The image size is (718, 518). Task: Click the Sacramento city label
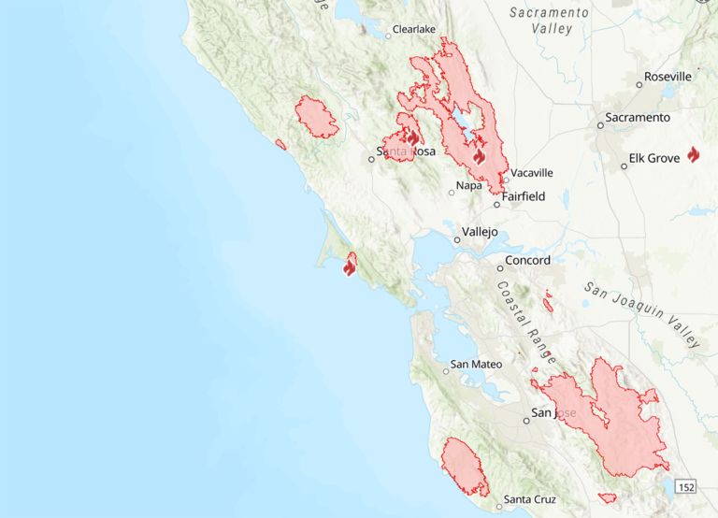click(638, 118)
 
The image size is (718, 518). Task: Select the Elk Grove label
click(654, 158)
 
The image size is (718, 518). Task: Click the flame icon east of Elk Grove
click(693, 154)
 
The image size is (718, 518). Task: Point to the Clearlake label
click(414, 30)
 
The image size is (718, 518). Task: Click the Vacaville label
click(533, 173)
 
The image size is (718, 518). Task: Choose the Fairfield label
click(524, 197)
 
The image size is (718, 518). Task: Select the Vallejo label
click(480, 233)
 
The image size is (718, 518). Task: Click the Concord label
click(527, 261)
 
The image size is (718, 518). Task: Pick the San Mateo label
click(472, 365)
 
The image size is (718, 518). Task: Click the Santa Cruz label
click(529, 500)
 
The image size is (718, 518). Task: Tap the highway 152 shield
click(687, 487)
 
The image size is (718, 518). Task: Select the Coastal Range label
click(526, 323)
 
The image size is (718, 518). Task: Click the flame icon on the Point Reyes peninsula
click(350, 267)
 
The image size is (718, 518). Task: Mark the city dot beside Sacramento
click(601, 124)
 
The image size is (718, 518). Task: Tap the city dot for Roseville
click(639, 84)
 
